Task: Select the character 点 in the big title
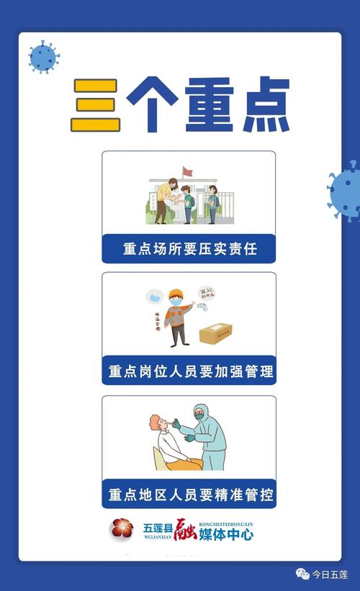261,105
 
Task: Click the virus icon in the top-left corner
43,55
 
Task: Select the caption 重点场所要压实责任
189,249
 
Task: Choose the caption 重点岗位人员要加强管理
189,372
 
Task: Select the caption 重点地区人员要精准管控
189,495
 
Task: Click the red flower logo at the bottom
122,530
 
